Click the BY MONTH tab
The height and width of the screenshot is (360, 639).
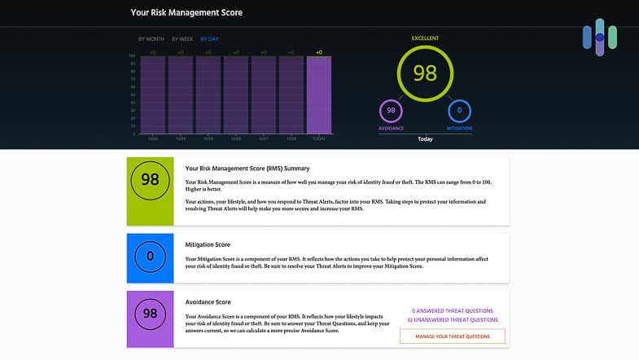point(151,39)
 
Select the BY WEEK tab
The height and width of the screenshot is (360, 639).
point(182,39)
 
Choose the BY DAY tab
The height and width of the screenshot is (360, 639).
point(209,39)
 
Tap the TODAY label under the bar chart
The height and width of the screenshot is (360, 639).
point(319,138)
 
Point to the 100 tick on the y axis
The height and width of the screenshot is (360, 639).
point(132,56)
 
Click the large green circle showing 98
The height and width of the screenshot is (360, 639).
point(424,73)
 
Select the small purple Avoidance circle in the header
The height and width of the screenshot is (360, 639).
point(391,111)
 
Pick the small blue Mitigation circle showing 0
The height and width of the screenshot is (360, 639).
point(459,111)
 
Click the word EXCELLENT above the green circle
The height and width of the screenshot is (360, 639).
point(424,38)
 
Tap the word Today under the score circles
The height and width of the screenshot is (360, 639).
point(425,139)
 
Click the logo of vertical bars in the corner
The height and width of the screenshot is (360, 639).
point(600,37)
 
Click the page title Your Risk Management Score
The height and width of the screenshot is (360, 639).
point(186,12)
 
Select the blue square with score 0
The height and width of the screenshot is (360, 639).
point(151,257)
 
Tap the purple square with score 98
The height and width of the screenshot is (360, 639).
point(151,314)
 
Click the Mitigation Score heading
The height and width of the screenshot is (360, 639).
point(208,244)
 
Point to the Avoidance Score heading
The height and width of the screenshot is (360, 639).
point(208,302)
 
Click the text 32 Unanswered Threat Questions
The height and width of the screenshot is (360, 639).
point(452,320)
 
